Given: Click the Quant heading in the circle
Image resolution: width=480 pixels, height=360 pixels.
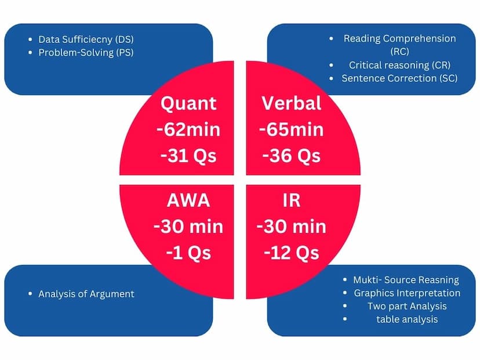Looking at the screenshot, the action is [x=188, y=104].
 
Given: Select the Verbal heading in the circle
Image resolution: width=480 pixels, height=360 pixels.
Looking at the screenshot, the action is [x=292, y=103].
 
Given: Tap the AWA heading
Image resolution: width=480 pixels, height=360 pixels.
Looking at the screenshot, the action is [x=188, y=201].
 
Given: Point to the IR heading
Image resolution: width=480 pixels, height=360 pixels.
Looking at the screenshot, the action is [x=292, y=201].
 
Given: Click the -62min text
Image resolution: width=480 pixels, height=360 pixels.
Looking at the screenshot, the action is [x=188, y=130].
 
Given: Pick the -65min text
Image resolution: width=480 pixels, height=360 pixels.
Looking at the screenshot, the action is [x=292, y=130].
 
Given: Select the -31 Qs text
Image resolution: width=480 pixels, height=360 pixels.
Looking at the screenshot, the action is [x=188, y=156].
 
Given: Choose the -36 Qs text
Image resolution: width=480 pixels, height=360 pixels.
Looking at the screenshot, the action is [x=292, y=156].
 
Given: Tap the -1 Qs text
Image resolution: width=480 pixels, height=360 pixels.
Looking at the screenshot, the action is [x=188, y=253].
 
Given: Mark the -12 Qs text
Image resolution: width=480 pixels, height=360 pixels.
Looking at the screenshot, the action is [x=292, y=253].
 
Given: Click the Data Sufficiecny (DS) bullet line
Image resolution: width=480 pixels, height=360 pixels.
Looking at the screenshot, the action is [x=86, y=39].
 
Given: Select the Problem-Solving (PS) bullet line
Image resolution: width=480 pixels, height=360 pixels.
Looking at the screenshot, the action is [x=86, y=53].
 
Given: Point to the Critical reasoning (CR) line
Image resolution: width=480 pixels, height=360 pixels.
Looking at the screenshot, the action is [x=399, y=65].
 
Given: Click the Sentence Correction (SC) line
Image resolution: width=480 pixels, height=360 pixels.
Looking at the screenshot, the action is [x=399, y=78].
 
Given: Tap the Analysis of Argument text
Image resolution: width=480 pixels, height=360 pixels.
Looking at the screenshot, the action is [x=86, y=294].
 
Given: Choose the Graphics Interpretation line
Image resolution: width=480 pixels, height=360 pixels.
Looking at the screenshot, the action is [x=407, y=293].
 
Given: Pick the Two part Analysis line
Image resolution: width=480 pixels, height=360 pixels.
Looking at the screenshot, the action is [x=407, y=306].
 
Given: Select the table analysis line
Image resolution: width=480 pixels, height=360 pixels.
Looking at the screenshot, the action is [x=407, y=319].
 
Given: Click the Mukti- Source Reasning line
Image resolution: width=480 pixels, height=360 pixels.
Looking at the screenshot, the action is [x=406, y=280].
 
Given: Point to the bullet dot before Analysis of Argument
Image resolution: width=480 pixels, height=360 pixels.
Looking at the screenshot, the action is [x=30, y=294].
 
